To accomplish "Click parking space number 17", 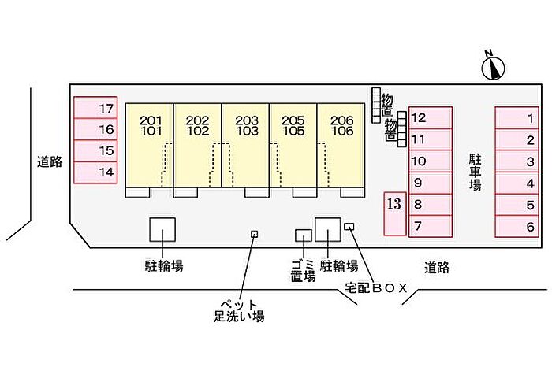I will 95,108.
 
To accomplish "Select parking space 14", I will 95,172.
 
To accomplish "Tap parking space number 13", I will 393,213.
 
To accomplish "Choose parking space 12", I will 430,118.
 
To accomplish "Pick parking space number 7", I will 430,226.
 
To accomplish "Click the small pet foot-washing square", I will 254,234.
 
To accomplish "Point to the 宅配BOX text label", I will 375,288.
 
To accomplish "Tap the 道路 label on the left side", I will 49,162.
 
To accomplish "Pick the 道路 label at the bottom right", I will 436,268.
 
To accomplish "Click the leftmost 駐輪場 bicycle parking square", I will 162,230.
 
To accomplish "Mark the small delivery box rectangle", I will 349,227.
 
